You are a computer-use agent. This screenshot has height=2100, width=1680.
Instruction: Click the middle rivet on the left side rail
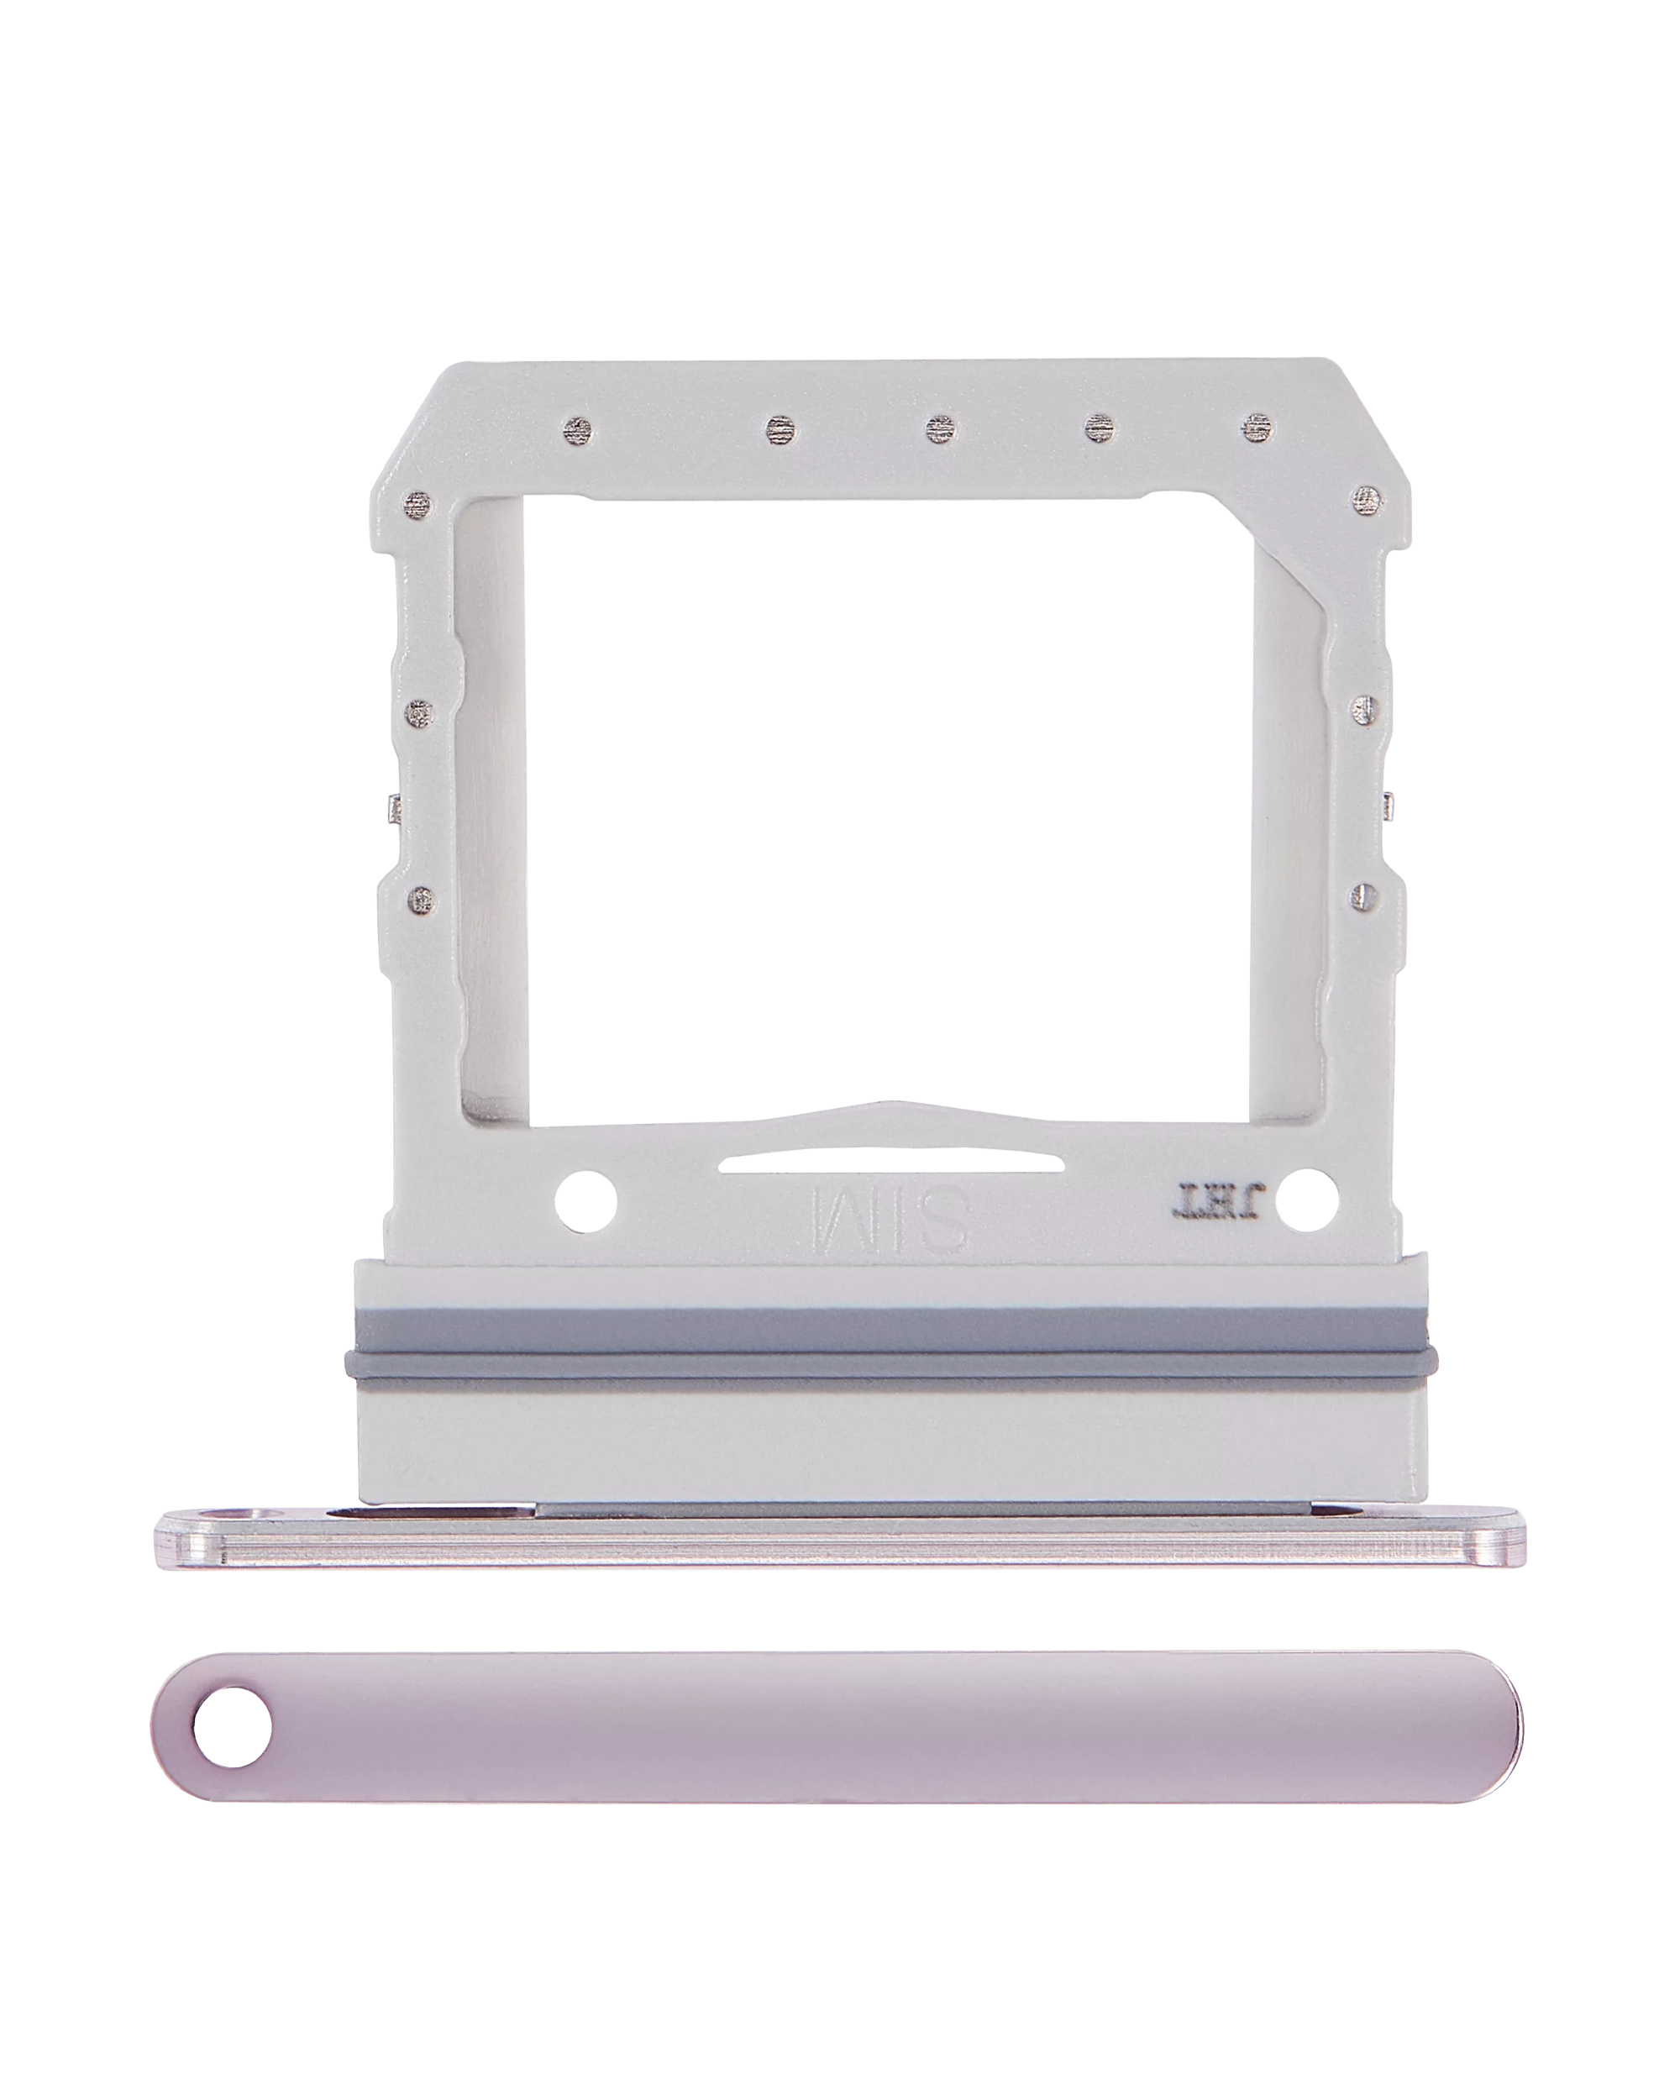tap(420, 714)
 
